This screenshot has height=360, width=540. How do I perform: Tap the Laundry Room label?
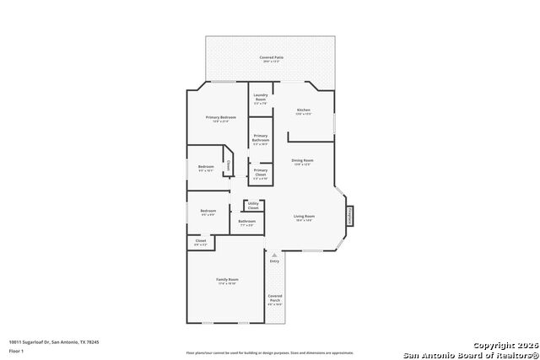click(x=261, y=97)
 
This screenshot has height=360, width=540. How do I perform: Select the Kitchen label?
click(x=303, y=110)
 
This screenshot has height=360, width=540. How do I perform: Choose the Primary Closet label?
click(x=261, y=172)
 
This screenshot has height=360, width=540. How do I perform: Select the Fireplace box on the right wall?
click(x=348, y=216)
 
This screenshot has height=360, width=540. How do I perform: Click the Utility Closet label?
click(x=253, y=205)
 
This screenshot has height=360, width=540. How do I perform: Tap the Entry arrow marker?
click(x=274, y=255)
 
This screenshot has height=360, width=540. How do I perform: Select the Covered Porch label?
click(x=275, y=298)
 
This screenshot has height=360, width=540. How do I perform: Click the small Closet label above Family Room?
click(x=201, y=242)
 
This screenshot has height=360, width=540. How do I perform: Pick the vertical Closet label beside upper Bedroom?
click(x=228, y=166)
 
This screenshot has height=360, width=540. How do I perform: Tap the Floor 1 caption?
click(x=16, y=350)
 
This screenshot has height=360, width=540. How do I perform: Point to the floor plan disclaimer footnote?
click(x=270, y=352)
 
